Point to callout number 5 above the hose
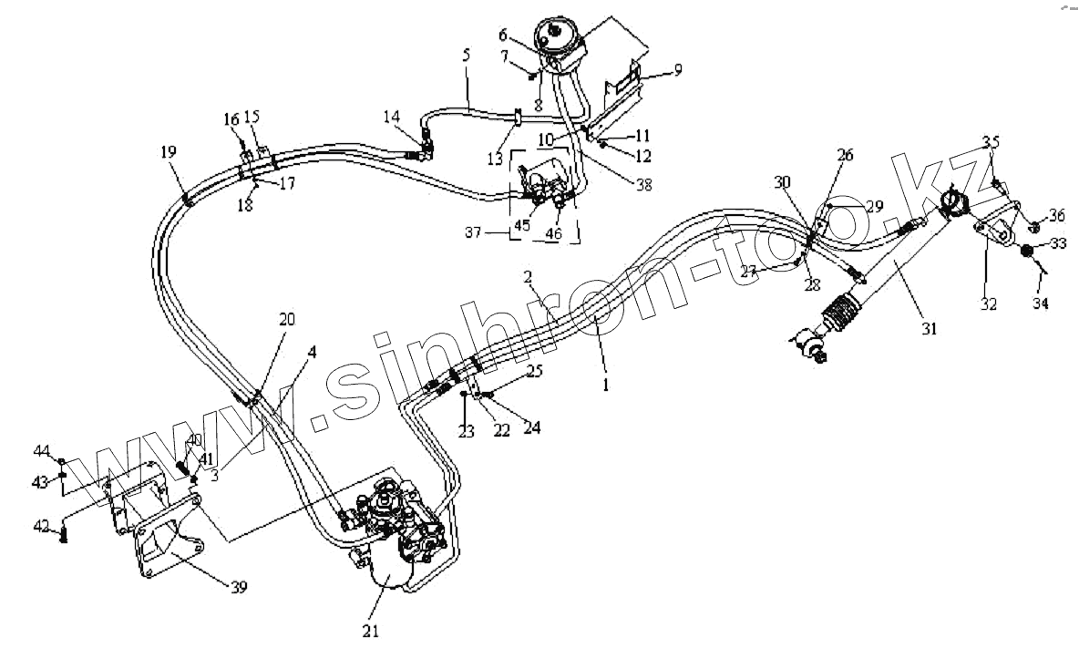click(466, 57)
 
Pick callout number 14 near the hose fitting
click(391, 117)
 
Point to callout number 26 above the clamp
click(845, 156)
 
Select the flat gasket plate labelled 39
click(169, 547)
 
